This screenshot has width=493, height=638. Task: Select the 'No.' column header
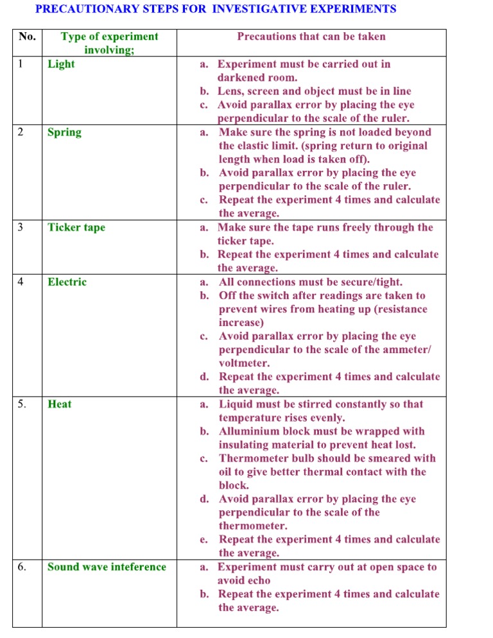pyautogui.click(x=28, y=37)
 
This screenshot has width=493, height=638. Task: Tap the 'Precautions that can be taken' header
pyautogui.click(x=311, y=37)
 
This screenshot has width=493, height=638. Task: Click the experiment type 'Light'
pyautogui.click(x=61, y=64)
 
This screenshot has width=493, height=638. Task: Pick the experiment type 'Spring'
pyautogui.click(x=64, y=132)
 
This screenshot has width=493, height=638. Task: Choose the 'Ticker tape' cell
pyautogui.click(x=76, y=227)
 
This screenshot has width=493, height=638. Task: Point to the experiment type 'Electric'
pyautogui.click(x=67, y=282)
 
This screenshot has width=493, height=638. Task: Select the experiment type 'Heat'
pyautogui.click(x=60, y=404)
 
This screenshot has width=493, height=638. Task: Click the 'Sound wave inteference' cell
pyautogui.click(x=107, y=567)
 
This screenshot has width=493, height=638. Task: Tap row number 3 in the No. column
pyautogui.click(x=21, y=227)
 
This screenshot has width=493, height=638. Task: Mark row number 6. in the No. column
pyautogui.click(x=22, y=567)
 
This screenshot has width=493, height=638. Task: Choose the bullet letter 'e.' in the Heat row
pyautogui.click(x=203, y=540)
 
